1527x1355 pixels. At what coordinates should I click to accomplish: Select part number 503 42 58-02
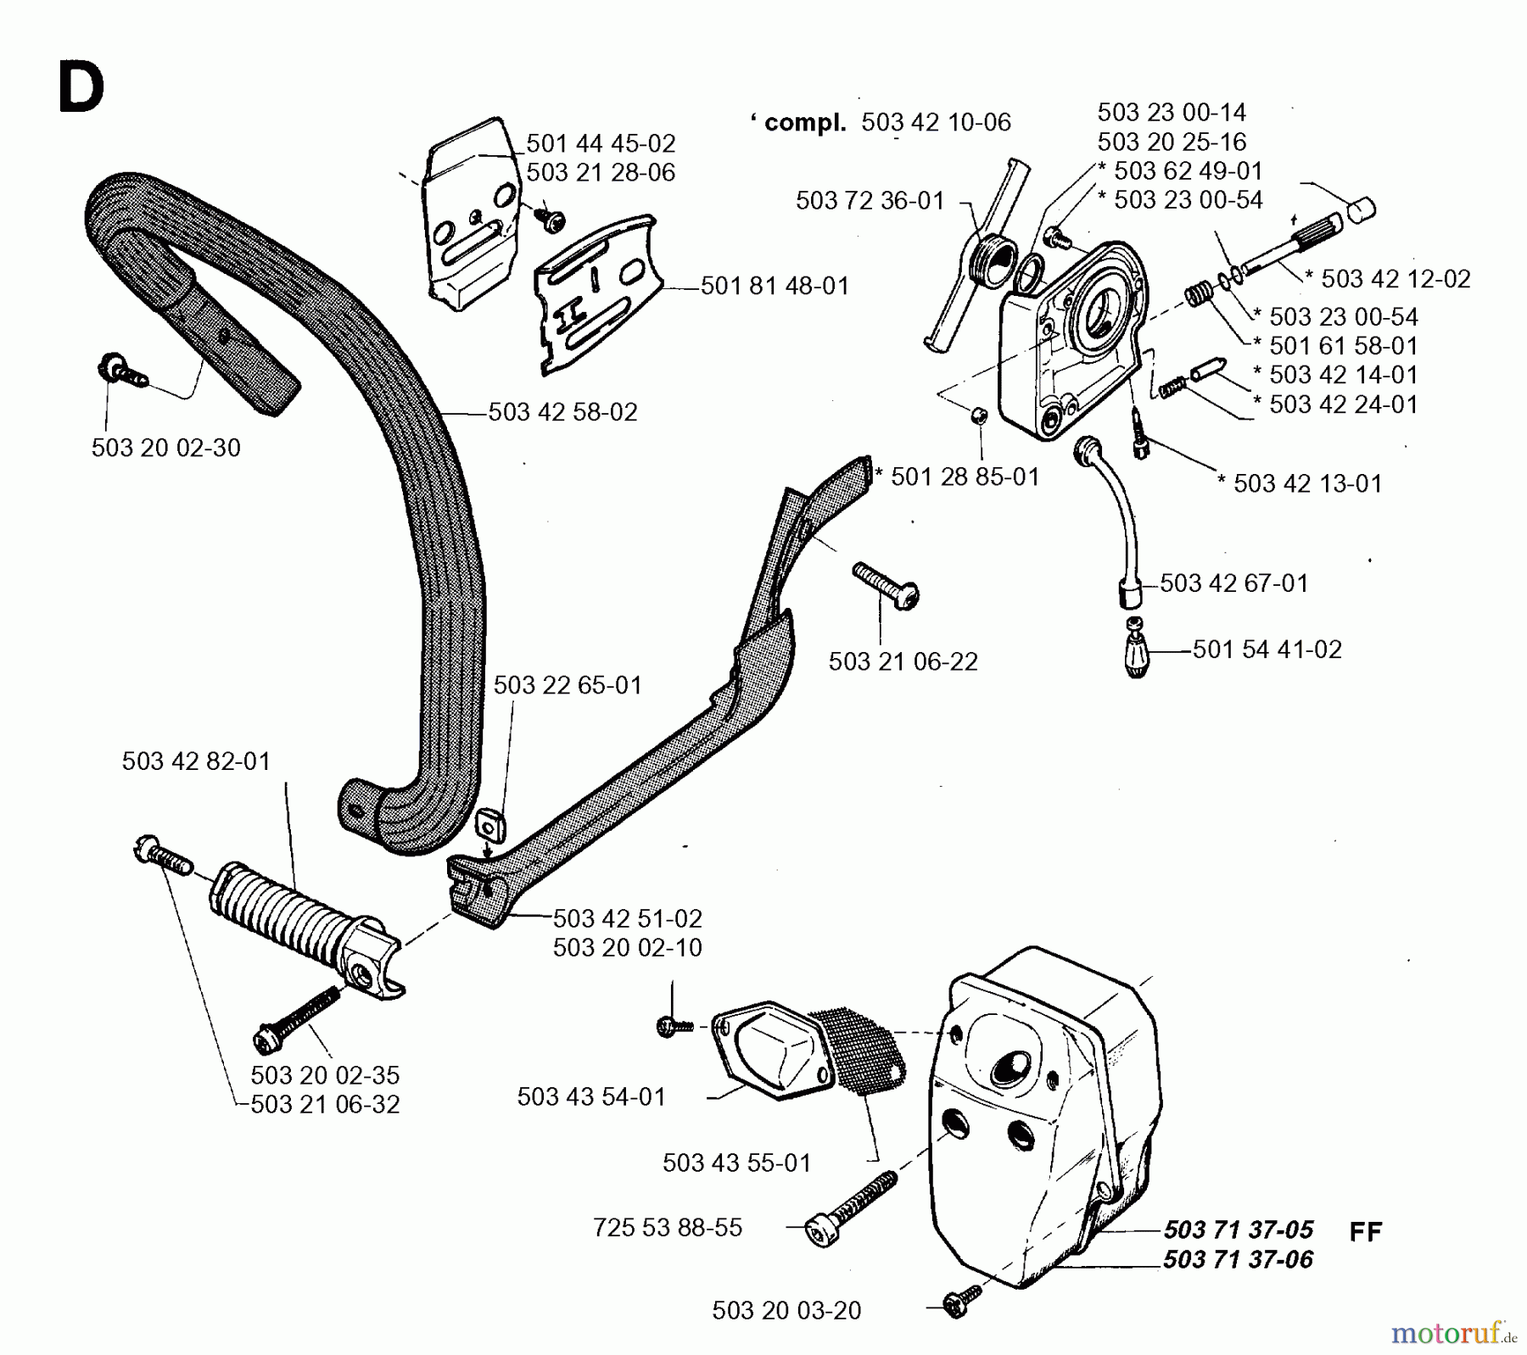(x=562, y=412)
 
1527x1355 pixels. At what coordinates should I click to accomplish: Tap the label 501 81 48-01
(x=775, y=286)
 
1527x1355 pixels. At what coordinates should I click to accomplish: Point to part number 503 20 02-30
(x=165, y=448)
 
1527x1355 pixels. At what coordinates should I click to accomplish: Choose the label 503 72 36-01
(x=870, y=201)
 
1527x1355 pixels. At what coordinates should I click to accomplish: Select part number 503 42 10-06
(x=936, y=123)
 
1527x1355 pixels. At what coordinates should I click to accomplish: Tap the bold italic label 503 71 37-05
(x=1238, y=1230)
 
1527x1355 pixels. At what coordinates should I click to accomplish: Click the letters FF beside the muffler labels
(x=1365, y=1231)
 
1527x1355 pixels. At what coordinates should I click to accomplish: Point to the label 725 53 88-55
(x=668, y=1228)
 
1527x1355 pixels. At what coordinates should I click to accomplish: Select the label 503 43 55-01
(x=736, y=1163)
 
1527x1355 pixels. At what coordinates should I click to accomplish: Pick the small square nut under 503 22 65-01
(x=488, y=820)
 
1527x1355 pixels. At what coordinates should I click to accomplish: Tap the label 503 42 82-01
(x=196, y=761)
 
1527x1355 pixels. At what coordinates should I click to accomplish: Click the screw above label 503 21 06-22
(x=887, y=585)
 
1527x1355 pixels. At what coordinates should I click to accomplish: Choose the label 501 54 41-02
(x=1267, y=650)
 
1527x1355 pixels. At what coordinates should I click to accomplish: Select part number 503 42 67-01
(x=1233, y=583)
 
